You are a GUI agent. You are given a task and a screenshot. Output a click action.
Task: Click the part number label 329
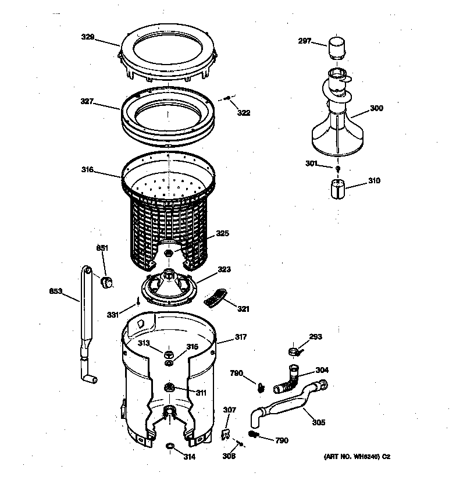tap(88, 37)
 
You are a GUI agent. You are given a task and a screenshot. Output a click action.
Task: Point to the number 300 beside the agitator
tap(376, 108)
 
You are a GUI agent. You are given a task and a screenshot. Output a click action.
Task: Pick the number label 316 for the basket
tap(88, 170)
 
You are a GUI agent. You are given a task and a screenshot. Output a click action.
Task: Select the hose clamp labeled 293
tap(296, 350)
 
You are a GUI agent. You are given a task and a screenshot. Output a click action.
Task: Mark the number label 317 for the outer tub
tap(240, 337)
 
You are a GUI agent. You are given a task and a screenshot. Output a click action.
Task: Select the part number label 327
tap(88, 101)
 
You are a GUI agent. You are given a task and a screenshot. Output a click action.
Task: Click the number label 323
tap(224, 269)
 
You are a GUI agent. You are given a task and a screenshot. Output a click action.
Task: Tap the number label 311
tap(201, 393)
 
